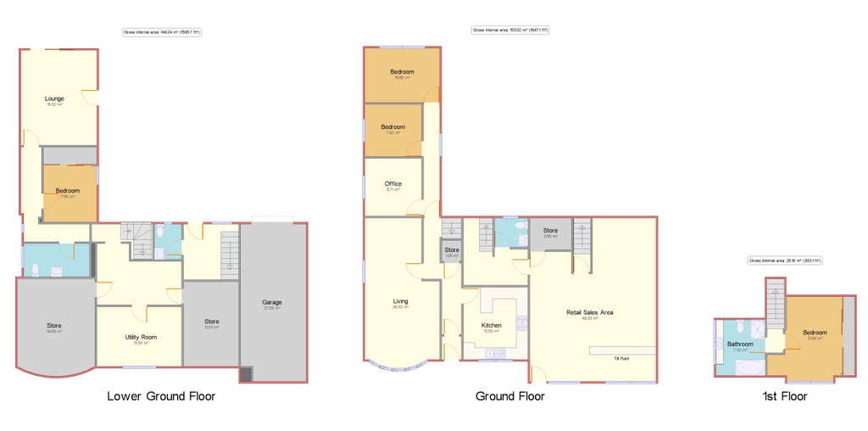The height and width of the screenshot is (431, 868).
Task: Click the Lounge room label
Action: click(x=54, y=99)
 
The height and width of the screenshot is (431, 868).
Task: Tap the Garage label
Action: click(x=271, y=303)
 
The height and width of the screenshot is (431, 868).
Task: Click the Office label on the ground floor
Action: click(x=392, y=184)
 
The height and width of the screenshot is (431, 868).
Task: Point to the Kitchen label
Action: click(x=492, y=326)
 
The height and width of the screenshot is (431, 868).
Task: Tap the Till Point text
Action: click(x=622, y=359)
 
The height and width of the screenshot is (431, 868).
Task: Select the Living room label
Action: click(x=400, y=302)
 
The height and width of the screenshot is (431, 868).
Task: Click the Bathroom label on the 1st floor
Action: click(x=740, y=344)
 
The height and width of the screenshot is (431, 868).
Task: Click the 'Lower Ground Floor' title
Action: click(x=161, y=396)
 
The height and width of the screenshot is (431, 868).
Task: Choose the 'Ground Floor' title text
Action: click(x=509, y=396)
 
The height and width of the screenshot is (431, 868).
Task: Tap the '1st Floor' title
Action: click(x=784, y=396)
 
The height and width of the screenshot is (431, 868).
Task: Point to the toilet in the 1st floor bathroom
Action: click(x=742, y=325)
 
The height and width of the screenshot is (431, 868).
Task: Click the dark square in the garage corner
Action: click(x=246, y=373)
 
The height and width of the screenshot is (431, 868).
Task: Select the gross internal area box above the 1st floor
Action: click(x=785, y=261)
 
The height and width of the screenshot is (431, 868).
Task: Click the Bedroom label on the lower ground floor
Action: click(x=67, y=192)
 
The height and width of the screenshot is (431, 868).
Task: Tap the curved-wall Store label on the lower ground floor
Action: click(x=54, y=327)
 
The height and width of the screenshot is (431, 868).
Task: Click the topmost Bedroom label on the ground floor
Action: click(x=402, y=73)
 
